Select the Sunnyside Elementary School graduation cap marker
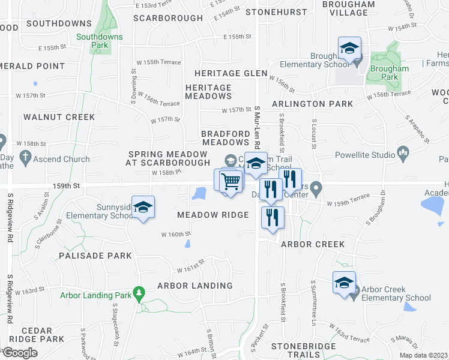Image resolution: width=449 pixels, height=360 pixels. coord(143,208)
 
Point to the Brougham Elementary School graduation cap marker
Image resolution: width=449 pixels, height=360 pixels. coord(349,49)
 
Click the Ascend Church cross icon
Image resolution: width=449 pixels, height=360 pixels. coord(25,158)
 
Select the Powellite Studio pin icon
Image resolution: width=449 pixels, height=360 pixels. coord(403,151)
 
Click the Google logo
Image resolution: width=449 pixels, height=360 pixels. coord(20,353)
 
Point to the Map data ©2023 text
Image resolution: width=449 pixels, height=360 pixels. coord(424,355)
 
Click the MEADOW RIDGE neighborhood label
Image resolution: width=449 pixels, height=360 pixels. coord(213,215)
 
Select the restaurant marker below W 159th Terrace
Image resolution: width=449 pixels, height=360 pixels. coord(273,217)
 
